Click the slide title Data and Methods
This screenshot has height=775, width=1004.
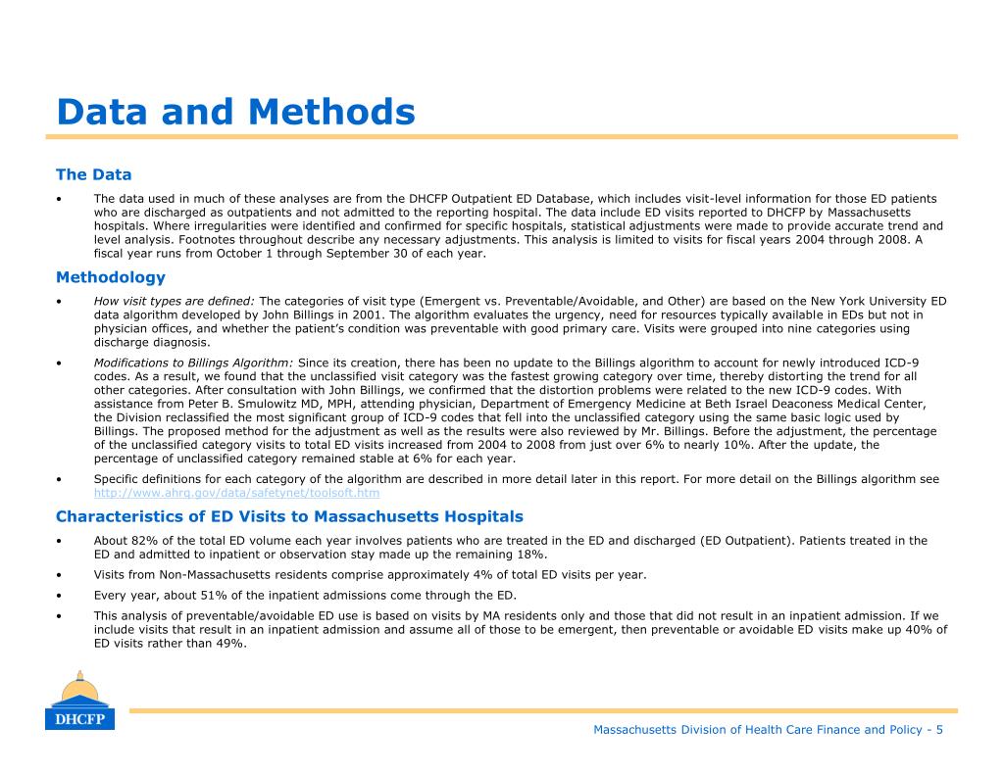click(235, 112)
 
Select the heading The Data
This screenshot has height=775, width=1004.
click(93, 174)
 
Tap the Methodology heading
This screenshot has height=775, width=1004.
click(111, 277)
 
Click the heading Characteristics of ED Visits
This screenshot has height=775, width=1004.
click(289, 516)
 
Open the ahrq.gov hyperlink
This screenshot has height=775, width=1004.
click(236, 493)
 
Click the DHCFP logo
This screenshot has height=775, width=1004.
click(79, 702)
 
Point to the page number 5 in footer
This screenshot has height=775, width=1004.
click(939, 729)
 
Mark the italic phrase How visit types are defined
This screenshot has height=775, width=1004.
click(174, 301)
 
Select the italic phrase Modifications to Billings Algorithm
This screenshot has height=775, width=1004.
click(193, 363)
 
